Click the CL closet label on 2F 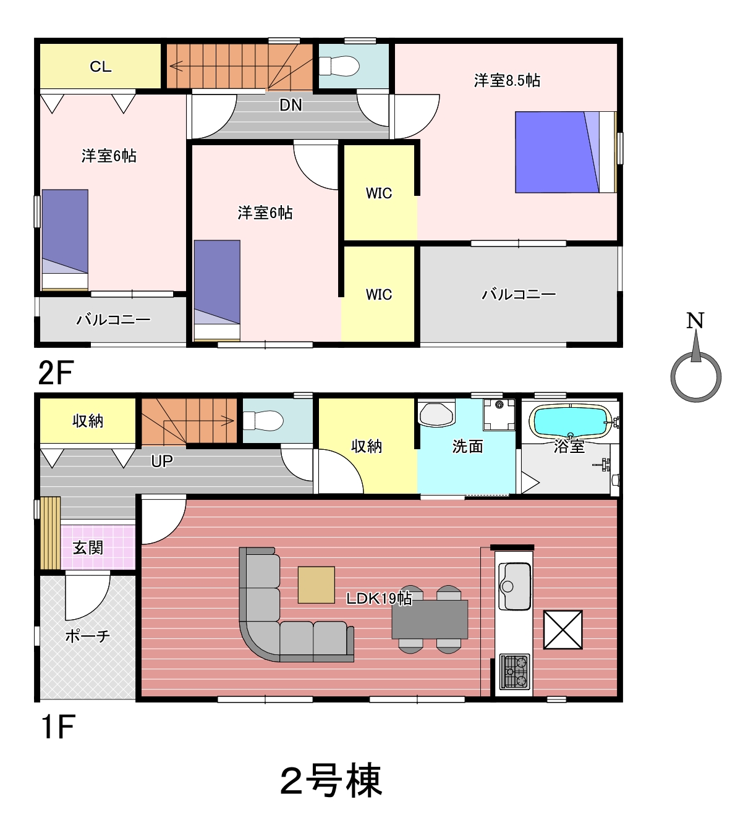pyautogui.click(x=101, y=67)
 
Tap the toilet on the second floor pyautogui.click(x=339, y=66)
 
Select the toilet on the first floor pyautogui.click(x=263, y=421)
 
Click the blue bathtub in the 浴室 pyautogui.click(x=570, y=421)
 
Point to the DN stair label pyautogui.click(x=291, y=106)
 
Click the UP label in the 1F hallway pyautogui.click(x=162, y=462)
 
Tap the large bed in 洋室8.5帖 pyautogui.click(x=566, y=152)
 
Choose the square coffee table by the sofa pyautogui.click(x=316, y=585)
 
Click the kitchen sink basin pyautogui.click(x=514, y=586)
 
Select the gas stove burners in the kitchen pyautogui.click(x=514, y=672)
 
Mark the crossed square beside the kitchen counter pyautogui.click(x=563, y=630)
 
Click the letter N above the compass pyautogui.click(x=695, y=320)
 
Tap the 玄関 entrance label pyautogui.click(x=88, y=547)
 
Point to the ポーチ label pyautogui.click(x=88, y=636)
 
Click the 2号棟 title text pyautogui.click(x=331, y=780)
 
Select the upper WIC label pyautogui.click(x=379, y=193)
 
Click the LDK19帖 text pyautogui.click(x=379, y=599)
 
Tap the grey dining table pyautogui.click(x=430, y=619)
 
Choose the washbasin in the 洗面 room pyautogui.click(x=436, y=414)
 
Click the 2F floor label pyautogui.click(x=56, y=373)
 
